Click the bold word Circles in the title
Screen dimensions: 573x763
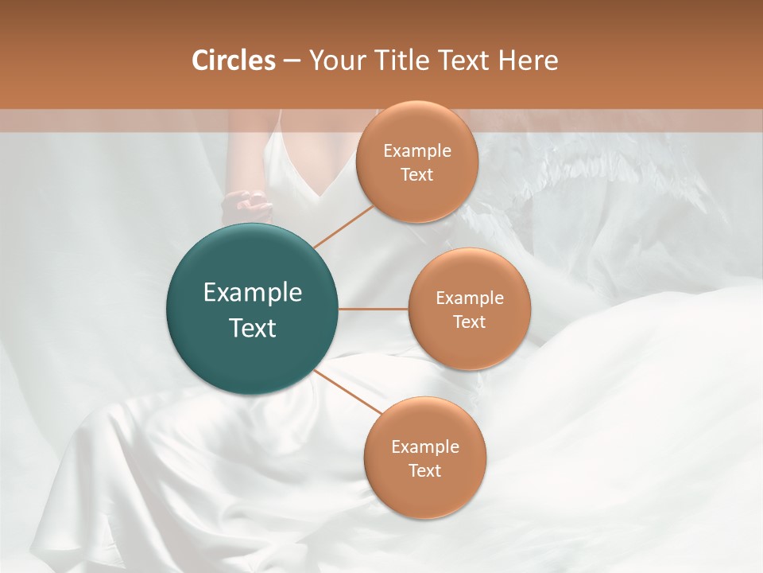pos(234,60)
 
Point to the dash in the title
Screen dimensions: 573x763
pos(292,61)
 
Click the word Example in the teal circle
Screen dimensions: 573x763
pos(253,293)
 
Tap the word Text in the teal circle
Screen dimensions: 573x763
pos(253,328)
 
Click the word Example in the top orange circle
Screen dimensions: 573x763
pos(416,151)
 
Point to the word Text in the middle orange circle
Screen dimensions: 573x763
pos(469,322)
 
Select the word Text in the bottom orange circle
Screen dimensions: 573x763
pos(424,470)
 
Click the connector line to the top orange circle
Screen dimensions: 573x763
pos(343,227)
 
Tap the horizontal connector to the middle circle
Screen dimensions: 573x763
pos(374,309)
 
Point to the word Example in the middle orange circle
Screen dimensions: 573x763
pos(469,298)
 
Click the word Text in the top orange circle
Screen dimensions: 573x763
pos(416,175)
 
